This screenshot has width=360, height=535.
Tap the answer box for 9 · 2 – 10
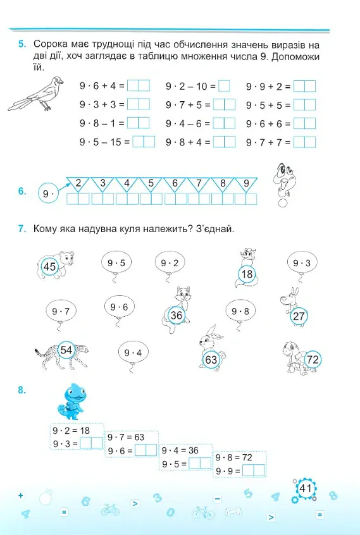tap(224, 85)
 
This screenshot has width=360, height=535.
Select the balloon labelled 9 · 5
tap(116, 263)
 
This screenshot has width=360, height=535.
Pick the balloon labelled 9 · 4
tap(133, 353)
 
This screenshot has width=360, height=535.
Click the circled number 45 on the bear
tap(50, 266)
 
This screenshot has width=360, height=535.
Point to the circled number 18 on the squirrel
tap(247, 274)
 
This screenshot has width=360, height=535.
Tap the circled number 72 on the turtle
tap(313, 359)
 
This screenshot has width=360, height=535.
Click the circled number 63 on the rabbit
tap(211, 360)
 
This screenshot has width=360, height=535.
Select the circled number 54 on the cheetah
tap(66, 350)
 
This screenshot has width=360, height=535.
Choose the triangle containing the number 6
tap(175, 184)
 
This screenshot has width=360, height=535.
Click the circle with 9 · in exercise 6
tap(48, 194)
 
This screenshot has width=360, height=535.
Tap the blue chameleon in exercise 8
tap(72, 402)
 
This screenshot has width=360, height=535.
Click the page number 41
tap(305, 488)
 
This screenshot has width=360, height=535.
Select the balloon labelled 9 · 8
tap(240, 312)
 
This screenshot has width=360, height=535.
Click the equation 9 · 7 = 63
tap(125, 437)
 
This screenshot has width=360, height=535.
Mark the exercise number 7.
tap(22, 228)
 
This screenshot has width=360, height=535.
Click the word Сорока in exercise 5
tap(51, 44)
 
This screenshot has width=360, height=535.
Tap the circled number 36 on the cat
tap(176, 315)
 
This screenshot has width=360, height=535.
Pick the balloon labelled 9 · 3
tap(302, 263)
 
